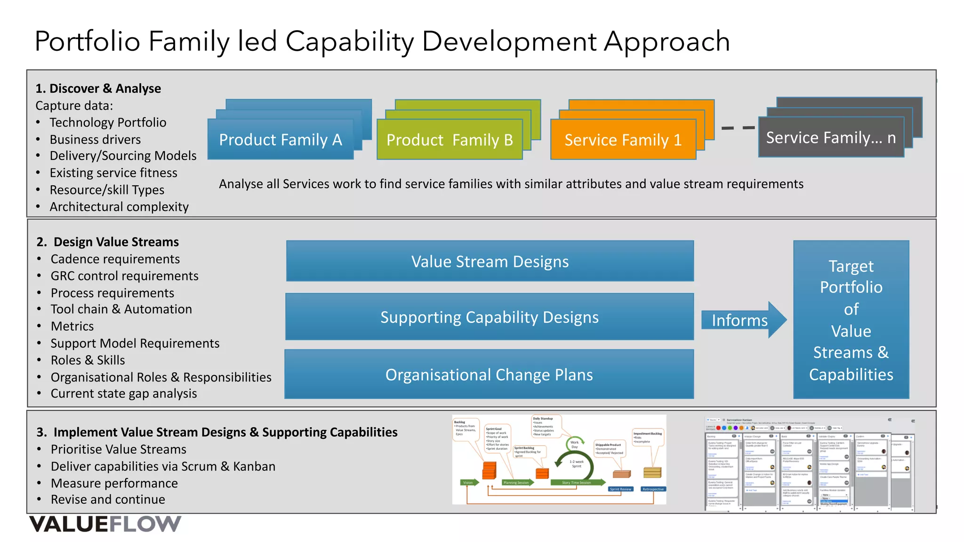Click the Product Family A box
(281, 140)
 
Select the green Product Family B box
(450, 140)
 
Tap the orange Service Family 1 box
(623, 140)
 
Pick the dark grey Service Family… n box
(831, 137)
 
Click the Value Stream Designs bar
(490, 261)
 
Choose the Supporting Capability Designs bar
(490, 317)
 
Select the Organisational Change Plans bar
(490, 375)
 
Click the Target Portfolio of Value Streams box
(851, 320)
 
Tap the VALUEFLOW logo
(105, 524)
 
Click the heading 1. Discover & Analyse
(98, 88)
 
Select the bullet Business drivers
(95, 139)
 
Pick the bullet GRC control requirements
(124, 276)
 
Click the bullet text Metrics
(72, 326)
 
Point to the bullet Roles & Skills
(88, 360)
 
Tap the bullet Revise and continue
(108, 499)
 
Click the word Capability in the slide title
(349, 41)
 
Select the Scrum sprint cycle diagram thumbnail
(559, 459)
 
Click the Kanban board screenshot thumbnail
(809, 463)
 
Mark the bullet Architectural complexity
(119, 207)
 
